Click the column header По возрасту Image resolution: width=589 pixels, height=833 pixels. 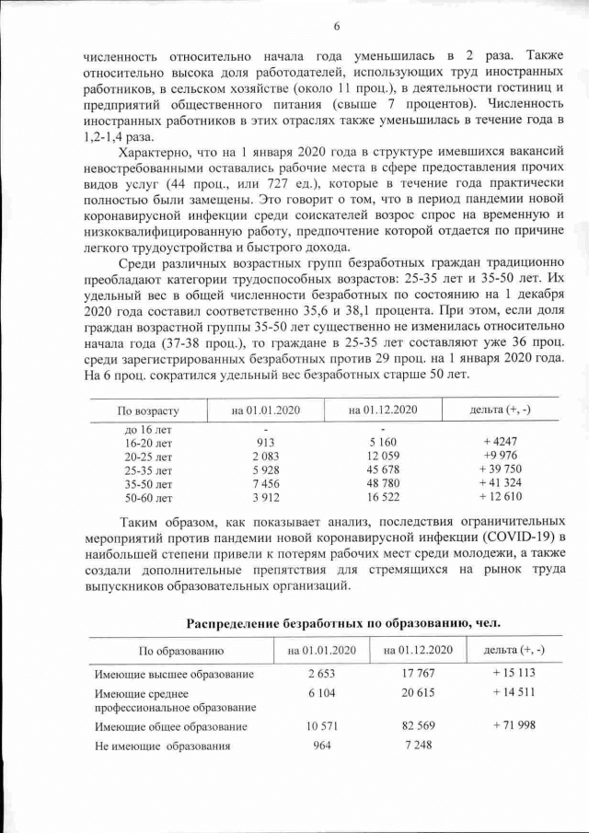[148, 409]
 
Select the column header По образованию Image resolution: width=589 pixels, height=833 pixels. [180, 650]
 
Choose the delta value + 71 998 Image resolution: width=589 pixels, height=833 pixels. [513, 726]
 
